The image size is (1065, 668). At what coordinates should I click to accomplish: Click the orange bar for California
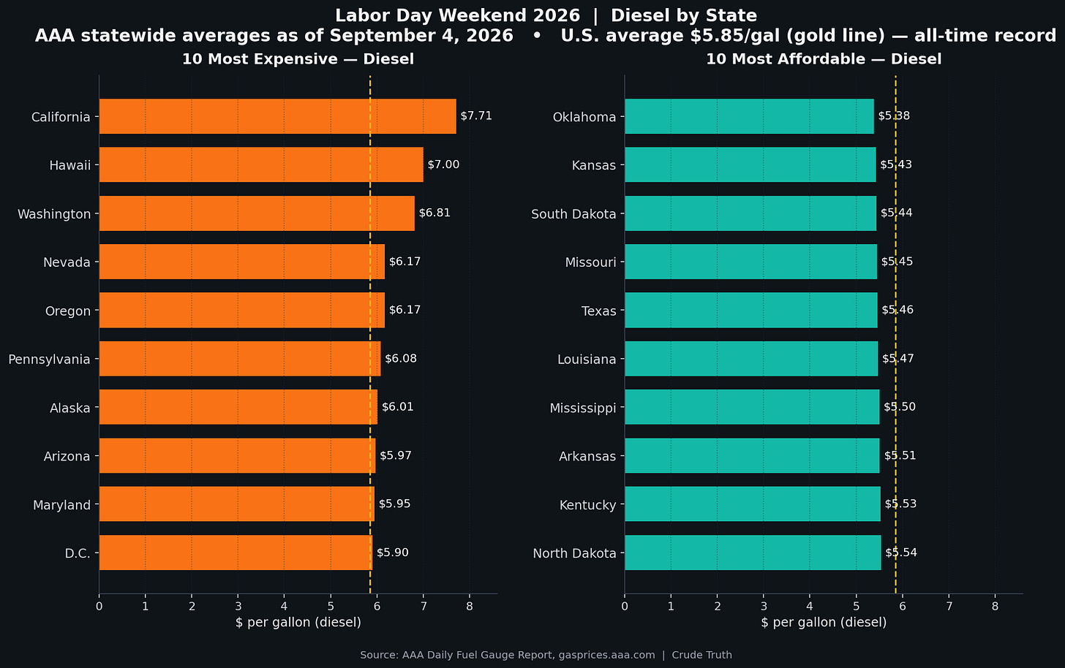pos(278,116)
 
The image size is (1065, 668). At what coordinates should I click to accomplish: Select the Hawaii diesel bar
pos(261,164)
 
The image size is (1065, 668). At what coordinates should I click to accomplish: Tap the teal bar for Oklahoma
pos(749,116)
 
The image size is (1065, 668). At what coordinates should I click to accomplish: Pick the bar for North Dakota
pos(753,553)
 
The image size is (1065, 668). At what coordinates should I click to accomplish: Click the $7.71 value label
pos(476,116)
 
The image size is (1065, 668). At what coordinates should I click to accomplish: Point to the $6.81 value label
pos(434,213)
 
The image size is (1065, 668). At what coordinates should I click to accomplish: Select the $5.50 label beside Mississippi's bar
pos(900,406)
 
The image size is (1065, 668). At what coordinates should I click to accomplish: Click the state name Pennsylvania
pos(49,359)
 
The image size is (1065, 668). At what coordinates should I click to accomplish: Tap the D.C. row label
pos(78,553)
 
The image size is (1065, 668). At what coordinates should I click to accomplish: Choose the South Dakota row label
pos(573,214)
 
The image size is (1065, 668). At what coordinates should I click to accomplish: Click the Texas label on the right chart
pos(598,311)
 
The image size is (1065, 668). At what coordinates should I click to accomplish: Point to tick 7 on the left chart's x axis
pos(423,606)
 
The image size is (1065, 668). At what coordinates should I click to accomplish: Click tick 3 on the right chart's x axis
pos(764,606)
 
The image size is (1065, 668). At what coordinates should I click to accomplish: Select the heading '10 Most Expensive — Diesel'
pos(298,59)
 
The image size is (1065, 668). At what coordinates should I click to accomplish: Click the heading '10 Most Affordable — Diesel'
pos(824,59)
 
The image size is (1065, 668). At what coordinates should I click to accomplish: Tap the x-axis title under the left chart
pos(298,623)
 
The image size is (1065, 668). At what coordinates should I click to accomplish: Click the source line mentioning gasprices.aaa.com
pos(546,655)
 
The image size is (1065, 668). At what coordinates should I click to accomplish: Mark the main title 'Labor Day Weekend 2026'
pos(457,15)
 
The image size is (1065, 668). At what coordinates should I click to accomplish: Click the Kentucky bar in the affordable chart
pos(753,504)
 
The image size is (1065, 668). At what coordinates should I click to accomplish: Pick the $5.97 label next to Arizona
pos(396,455)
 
